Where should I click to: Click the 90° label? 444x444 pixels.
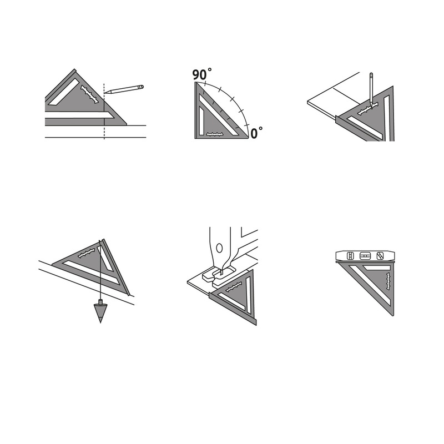point(202,74)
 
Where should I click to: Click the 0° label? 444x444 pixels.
point(256,133)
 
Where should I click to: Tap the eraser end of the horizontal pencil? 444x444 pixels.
point(142,87)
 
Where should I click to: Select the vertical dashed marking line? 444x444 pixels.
point(104,112)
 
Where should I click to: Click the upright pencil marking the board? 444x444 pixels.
point(371,89)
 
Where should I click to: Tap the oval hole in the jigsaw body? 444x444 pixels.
point(219,248)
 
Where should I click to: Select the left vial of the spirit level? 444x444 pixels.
point(350,256)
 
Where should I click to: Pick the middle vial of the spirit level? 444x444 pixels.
point(365,256)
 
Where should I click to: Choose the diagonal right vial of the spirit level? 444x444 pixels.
point(380,256)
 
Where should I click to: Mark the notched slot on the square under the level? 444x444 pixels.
point(388,281)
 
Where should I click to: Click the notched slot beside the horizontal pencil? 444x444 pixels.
point(90,94)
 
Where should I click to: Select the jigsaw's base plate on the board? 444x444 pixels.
point(219,274)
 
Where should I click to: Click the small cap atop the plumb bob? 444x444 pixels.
point(100,301)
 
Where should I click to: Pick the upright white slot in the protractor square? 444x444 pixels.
point(201,120)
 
